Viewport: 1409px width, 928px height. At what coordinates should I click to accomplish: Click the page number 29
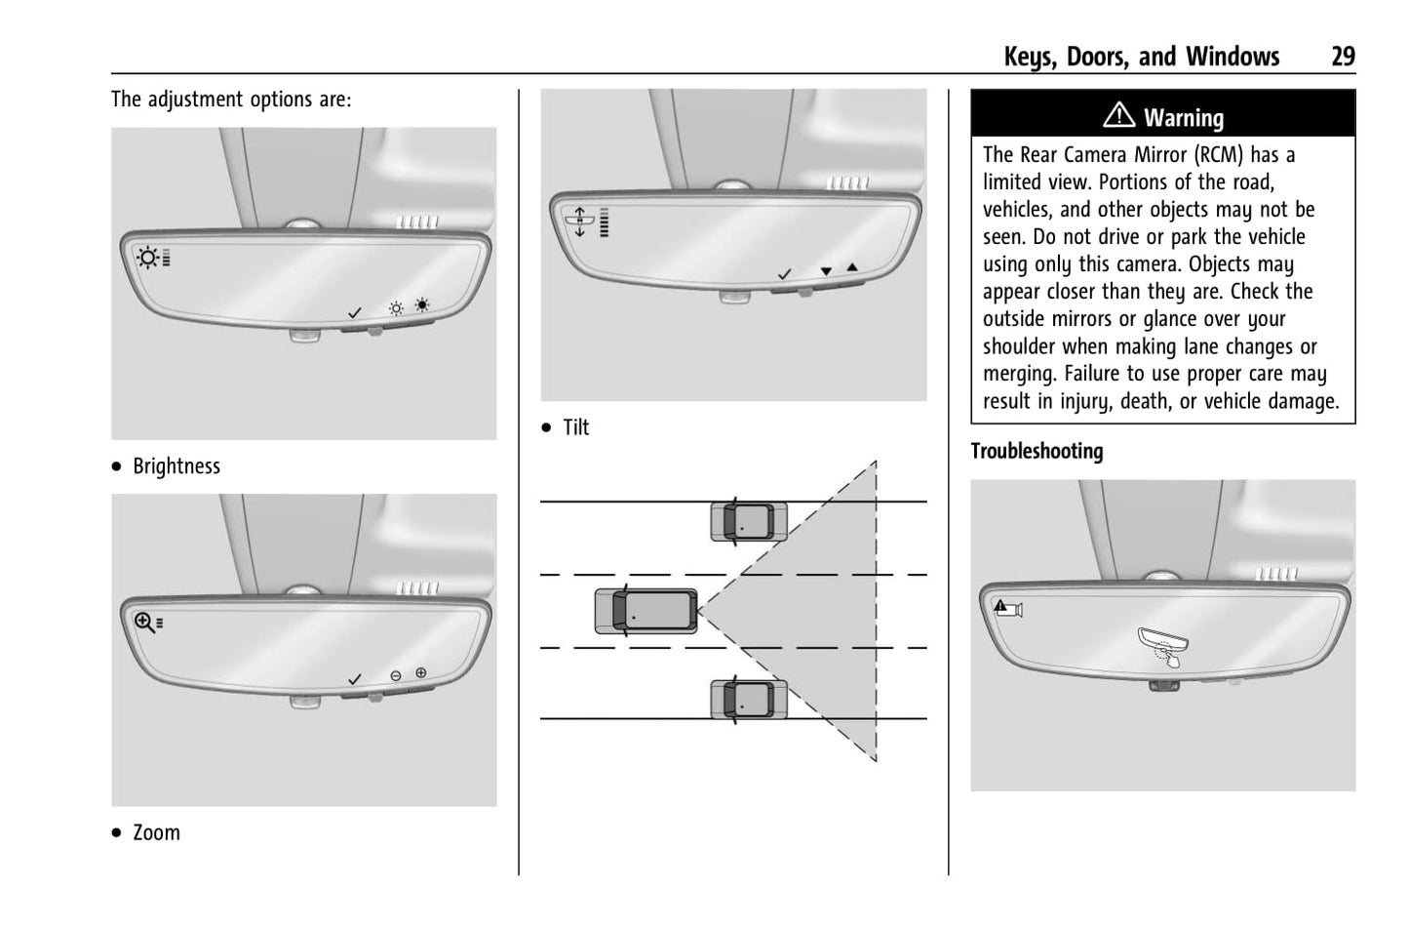(1343, 57)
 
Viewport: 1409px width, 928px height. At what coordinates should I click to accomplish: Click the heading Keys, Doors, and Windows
(1141, 57)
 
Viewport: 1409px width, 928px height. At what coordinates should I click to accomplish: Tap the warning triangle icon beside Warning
(1118, 116)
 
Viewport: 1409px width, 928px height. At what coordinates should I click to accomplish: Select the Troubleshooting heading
(1037, 452)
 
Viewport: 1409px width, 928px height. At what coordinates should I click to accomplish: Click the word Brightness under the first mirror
(176, 466)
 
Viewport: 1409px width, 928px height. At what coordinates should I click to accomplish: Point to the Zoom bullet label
(156, 833)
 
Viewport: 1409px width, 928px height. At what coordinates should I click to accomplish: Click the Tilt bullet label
(575, 427)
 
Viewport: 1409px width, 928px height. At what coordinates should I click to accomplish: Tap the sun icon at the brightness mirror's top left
(147, 258)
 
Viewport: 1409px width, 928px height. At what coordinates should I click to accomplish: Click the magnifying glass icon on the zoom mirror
(144, 623)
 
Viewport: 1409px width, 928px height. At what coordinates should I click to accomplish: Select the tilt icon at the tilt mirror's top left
(579, 222)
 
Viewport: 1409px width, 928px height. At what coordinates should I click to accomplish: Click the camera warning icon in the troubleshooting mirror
(1007, 609)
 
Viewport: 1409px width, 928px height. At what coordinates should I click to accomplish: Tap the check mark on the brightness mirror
(355, 312)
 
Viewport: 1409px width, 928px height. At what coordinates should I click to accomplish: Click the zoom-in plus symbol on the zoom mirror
(421, 672)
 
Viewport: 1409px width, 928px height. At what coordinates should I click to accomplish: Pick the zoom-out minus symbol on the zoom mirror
(396, 676)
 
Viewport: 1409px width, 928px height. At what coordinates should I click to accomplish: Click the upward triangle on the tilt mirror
(852, 266)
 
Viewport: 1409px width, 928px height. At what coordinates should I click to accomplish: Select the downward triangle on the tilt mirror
(826, 271)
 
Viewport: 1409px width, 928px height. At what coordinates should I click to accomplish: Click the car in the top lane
(748, 521)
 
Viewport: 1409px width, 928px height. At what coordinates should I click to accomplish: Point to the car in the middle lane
(646, 611)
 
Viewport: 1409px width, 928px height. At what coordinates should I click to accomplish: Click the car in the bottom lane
(748, 700)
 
